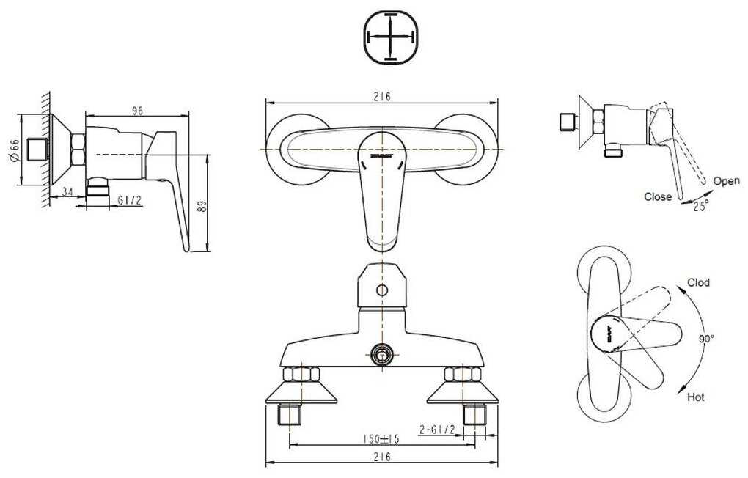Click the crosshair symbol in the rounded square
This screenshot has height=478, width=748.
pyautogui.click(x=391, y=35)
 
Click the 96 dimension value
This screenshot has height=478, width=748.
pyautogui.click(x=136, y=110)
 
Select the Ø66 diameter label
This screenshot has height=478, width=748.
pyautogui.click(x=14, y=152)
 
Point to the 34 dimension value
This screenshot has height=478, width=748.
pyautogui.click(x=67, y=192)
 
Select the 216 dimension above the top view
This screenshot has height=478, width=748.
pyautogui.click(x=381, y=96)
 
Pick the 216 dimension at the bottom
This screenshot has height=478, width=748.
pyautogui.click(x=381, y=457)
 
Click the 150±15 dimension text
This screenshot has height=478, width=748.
pyautogui.click(x=381, y=439)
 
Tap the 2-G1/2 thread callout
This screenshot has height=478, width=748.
pyautogui.click(x=438, y=430)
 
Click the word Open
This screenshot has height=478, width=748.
pyautogui.click(x=726, y=181)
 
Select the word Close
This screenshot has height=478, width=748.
pyautogui.click(x=658, y=196)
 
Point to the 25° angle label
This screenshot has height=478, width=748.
pyautogui.click(x=701, y=207)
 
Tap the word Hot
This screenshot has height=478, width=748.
pyautogui.click(x=696, y=397)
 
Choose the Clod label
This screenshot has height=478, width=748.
pyautogui.click(x=698, y=282)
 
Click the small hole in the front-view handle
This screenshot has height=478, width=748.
pyautogui.click(x=381, y=290)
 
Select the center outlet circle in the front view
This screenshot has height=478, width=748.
pyautogui.click(x=381, y=355)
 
